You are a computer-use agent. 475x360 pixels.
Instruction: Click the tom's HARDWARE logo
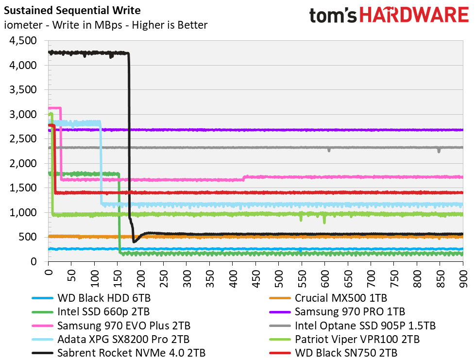389,15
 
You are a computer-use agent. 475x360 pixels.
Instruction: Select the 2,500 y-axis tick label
23,139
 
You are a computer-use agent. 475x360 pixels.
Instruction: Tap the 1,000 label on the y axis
23,213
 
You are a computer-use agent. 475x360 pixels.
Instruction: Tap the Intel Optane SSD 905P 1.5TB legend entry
365,325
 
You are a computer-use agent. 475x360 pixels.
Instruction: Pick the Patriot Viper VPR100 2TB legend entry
357,339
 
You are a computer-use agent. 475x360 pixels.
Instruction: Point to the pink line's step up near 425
244,178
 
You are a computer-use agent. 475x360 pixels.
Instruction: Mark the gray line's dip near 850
439,150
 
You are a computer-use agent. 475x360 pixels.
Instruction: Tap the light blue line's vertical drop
101,165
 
